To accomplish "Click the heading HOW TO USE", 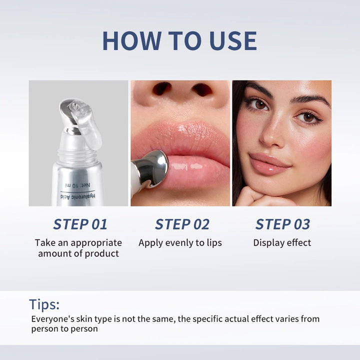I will (179, 41).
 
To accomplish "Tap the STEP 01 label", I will (80, 224).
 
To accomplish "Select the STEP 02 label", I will (182, 224).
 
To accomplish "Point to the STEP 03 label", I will (282, 224).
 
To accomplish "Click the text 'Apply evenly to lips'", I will (180, 243).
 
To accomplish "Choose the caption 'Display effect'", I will (282, 243).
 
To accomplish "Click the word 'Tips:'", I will (44, 304).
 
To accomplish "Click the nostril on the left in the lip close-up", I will (161, 89).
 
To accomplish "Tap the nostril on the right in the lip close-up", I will (202, 89).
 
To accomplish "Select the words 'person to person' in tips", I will (64, 329).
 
